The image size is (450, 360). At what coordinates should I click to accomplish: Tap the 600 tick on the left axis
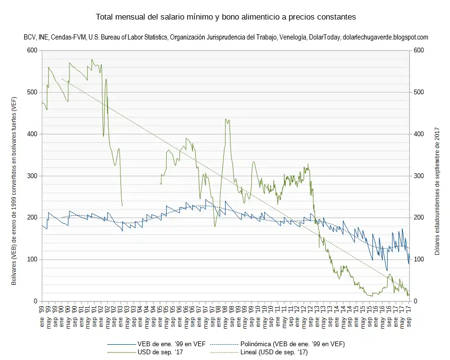[x=32, y=50]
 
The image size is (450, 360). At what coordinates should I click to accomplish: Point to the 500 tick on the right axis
[x=419, y=92]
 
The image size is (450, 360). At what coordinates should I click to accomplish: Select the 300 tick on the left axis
[x=32, y=176]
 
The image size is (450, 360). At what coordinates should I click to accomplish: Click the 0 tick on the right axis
[x=416, y=301]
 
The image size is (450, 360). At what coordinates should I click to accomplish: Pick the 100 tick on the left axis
[x=32, y=260]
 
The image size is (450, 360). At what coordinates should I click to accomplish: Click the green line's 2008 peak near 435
[x=227, y=120]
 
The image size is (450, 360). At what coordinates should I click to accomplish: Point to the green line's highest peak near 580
[x=92, y=60]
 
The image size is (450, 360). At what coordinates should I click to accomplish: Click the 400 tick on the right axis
[x=419, y=134]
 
